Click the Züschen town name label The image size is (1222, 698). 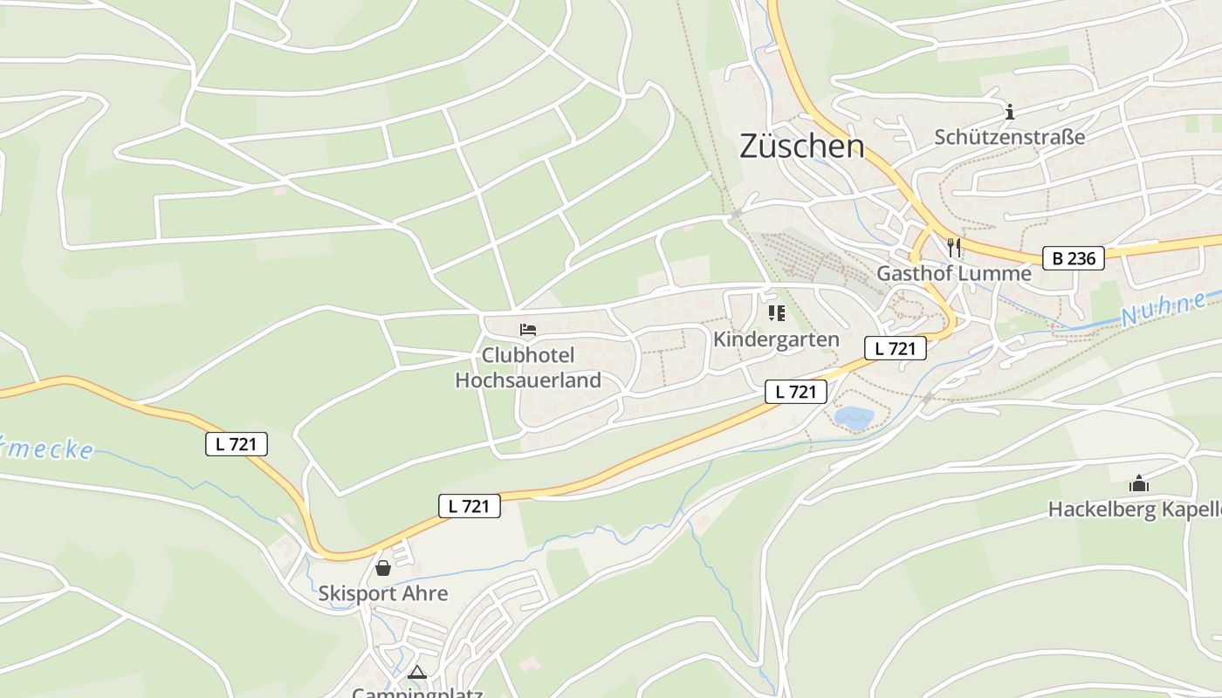click(801, 147)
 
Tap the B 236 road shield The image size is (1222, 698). click(1074, 258)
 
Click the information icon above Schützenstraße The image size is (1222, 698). click(1010, 112)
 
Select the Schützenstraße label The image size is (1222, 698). click(1010, 137)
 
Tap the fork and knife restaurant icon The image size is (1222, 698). click(954, 248)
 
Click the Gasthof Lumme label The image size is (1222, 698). click(953, 274)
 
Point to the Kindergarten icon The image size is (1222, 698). click(776, 313)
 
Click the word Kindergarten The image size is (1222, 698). click(776, 339)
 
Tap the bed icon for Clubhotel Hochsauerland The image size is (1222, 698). click(528, 330)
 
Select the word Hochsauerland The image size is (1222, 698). click(528, 380)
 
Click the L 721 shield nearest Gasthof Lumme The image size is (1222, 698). click(895, 348)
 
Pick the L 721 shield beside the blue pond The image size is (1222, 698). click(795, 392)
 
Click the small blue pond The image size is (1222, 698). click(854, 417)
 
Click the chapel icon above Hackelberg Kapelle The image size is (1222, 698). click(1138, 483)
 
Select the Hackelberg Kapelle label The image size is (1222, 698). click(1134, 510)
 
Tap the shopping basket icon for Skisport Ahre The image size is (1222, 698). click(383, 569)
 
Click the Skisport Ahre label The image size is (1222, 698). click(383, 594)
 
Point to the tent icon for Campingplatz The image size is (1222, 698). click(417, 673)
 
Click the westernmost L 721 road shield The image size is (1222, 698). click(237, 444)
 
